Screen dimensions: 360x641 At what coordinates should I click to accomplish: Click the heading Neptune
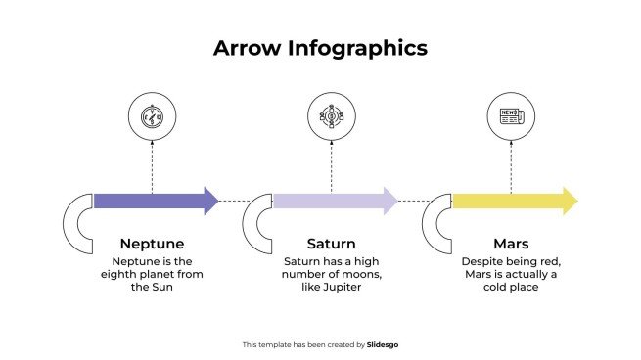click(x=152, y=243)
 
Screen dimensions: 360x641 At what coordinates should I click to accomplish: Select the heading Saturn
click(x=331, y=243)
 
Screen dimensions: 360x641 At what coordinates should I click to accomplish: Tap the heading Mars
click(x=511, y=243)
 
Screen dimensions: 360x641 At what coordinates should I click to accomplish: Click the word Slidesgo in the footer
click(x=383, y=344)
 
